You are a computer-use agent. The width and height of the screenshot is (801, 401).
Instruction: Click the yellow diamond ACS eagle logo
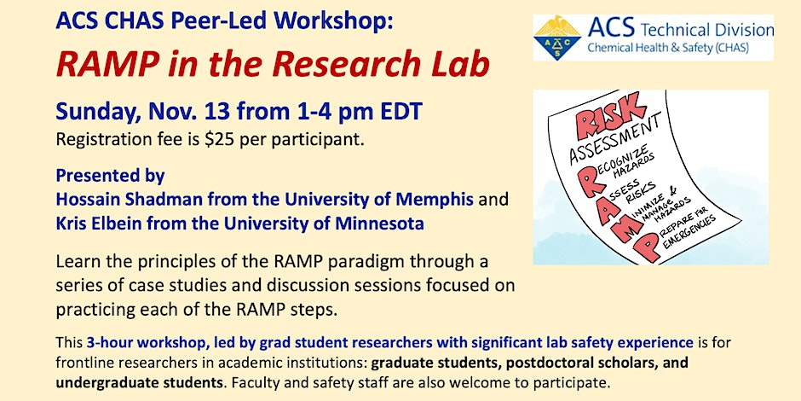[557, 38]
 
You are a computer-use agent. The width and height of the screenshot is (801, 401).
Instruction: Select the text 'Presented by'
[110, 176]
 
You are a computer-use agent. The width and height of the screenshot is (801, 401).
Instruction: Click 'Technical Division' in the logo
[707, 30]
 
